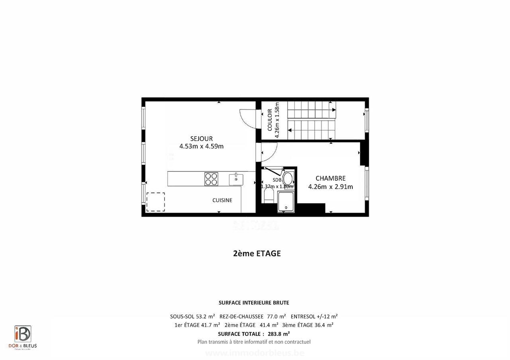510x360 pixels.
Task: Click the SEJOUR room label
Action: [x=201, y=139]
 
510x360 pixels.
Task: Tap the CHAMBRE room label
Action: [x=330, y=178]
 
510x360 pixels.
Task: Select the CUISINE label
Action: [x=222, y=200]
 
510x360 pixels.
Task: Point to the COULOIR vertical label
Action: [x=270, y=120]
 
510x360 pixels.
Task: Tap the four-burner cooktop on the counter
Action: [x=211, y=179]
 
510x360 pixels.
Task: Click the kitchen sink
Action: [x=236, y=179]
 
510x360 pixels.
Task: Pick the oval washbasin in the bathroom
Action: [x=288, y=178]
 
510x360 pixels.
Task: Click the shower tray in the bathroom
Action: [x=287, y=202]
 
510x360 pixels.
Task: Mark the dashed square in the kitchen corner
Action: [x=155, y=202]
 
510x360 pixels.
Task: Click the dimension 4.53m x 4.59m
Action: [x=201, y=146]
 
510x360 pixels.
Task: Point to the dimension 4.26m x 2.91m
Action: [x=330, y=186]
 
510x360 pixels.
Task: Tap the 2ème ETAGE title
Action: [x=257, y=254]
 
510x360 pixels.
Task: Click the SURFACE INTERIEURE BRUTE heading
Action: [x=254, y=303]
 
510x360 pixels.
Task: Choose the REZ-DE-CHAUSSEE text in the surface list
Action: [x=241, y=317]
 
